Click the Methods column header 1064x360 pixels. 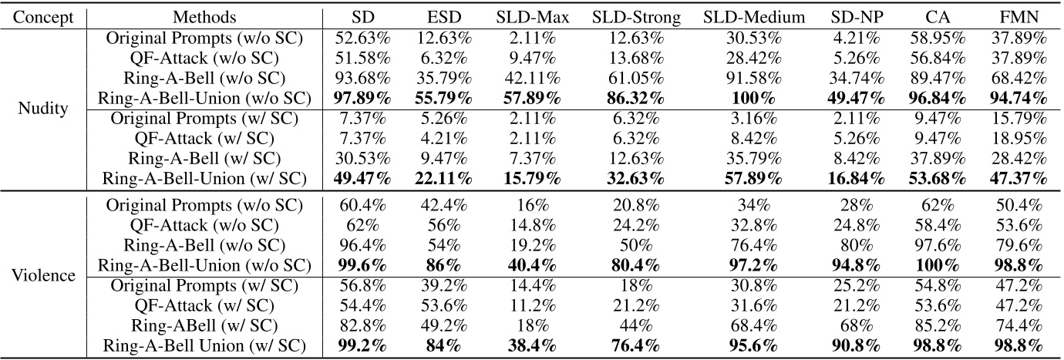pos(205,16)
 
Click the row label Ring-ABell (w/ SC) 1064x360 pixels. pos(205,325)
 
